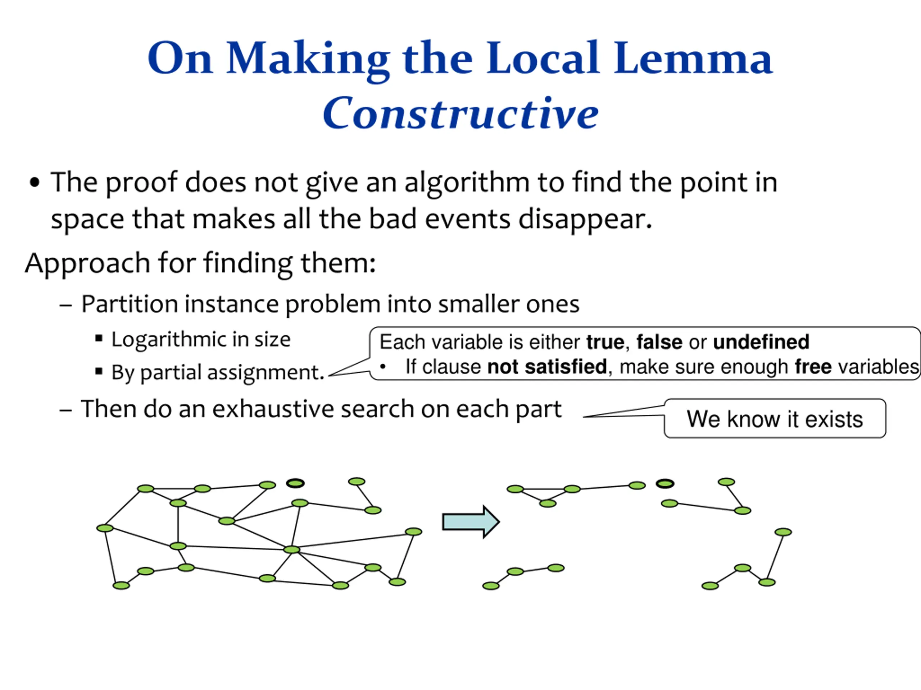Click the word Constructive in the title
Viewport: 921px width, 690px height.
[460, 113]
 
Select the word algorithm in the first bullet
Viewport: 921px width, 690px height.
[467, 183]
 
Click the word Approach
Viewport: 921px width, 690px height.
[87, 263]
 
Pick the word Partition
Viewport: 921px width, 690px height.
[130, 304]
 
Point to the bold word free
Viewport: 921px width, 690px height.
[813, 367]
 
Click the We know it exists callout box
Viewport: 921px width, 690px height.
[775, 418]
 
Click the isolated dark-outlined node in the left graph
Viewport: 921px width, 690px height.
[295, 483]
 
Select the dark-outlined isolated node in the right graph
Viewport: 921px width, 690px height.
[664, 484]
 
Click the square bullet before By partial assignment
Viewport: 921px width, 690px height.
[99, 371]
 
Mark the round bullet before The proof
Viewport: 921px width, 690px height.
[35, 183]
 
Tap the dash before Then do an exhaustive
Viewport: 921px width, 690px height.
[66, 410]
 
